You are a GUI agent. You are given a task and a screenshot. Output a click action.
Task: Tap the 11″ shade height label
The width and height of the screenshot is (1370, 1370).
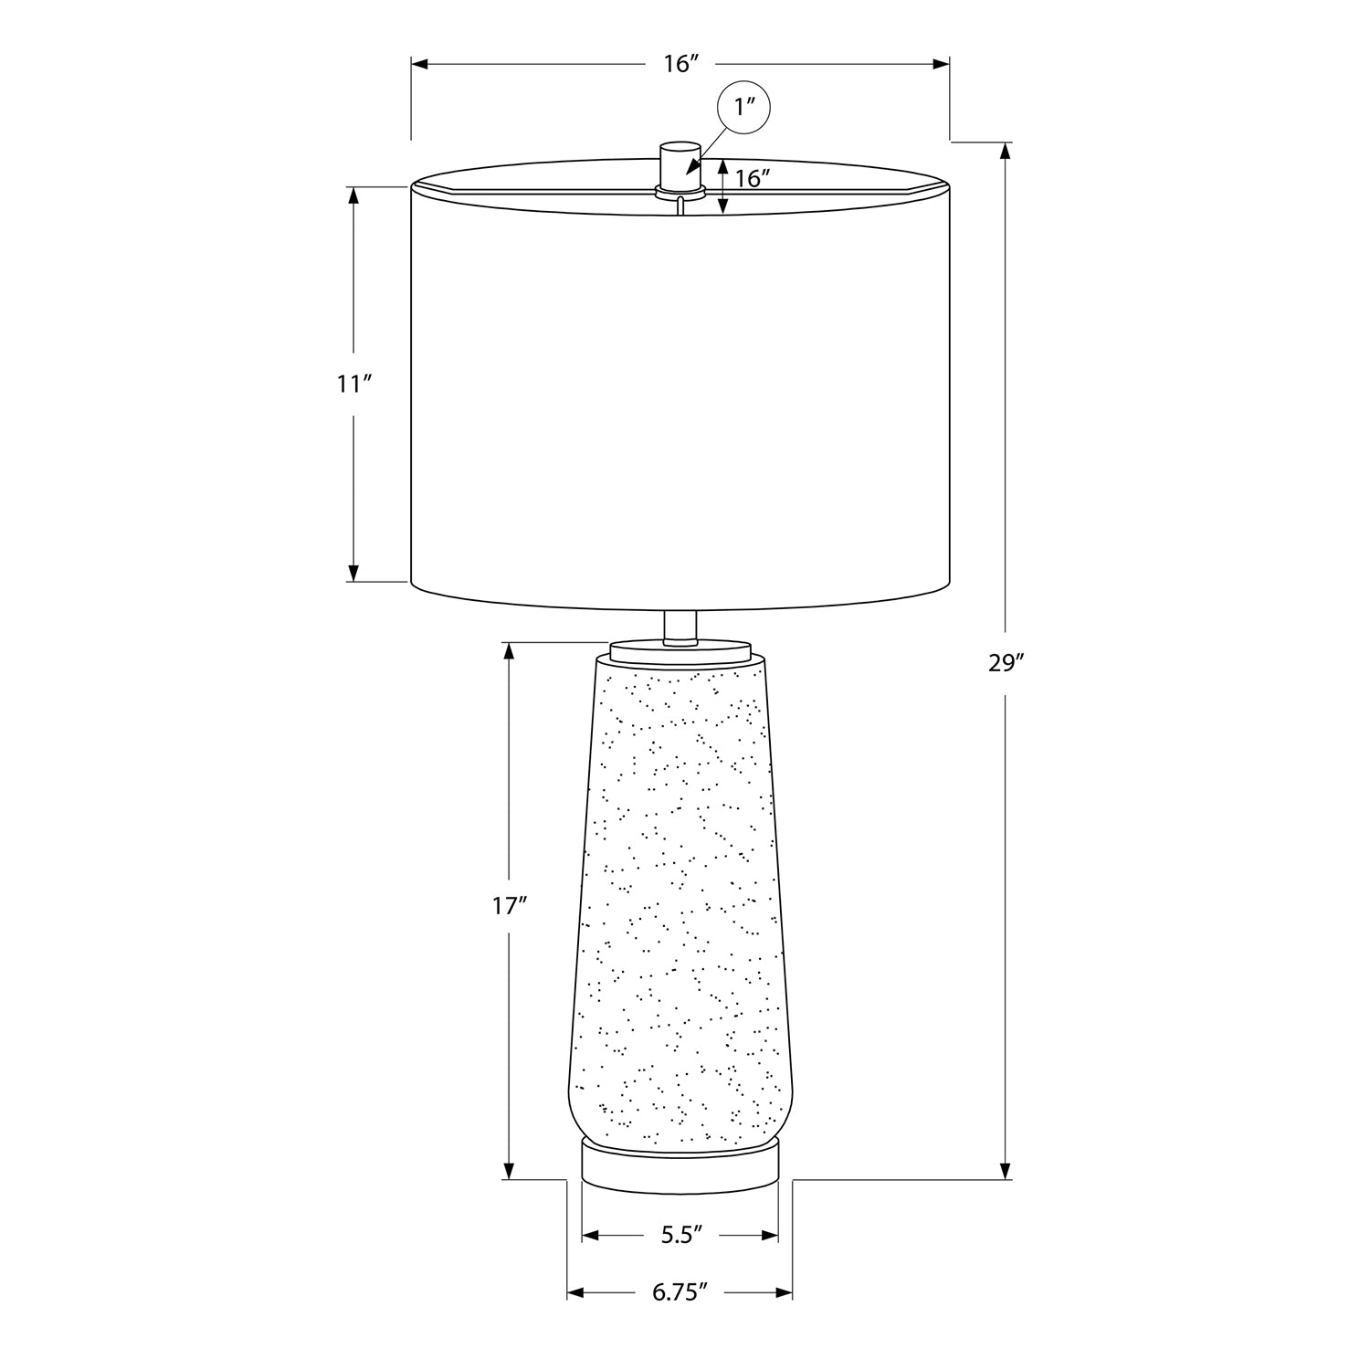pos(353,384)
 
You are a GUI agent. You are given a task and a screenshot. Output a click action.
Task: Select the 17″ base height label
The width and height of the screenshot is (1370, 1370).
pos(510,907)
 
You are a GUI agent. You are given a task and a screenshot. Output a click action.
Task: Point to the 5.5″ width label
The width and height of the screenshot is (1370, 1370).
pos(681,1236)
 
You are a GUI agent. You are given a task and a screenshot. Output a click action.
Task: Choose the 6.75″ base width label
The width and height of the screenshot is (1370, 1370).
pos(680,1292)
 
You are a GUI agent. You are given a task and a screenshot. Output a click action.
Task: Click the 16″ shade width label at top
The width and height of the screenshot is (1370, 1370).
pos(681,63)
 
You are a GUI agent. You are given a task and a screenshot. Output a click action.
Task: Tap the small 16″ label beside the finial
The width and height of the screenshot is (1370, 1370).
pos(749,179)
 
